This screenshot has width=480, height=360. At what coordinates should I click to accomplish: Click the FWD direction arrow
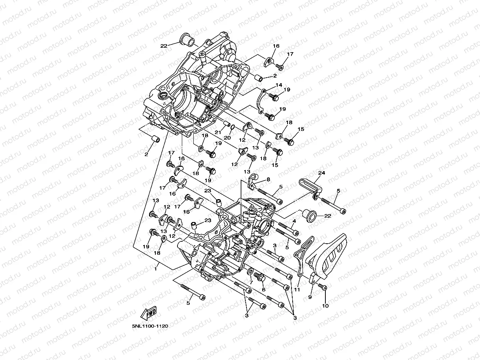coord(148,314)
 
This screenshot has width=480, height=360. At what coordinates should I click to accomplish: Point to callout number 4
coord(294,222)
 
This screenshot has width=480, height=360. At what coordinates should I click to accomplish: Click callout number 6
coord(263,289)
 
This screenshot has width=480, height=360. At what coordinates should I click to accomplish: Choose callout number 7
coord(251,283)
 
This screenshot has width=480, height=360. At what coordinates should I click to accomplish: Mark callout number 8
coord(268,179)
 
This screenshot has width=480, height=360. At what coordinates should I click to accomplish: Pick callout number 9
coord(310,297)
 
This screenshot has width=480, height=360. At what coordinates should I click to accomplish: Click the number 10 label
coord(325,305)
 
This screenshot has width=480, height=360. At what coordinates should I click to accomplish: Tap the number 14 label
coord(278,85)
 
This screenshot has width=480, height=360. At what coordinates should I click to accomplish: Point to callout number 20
coord(227,138)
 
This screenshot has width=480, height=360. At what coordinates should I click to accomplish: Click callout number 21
coord(217,132)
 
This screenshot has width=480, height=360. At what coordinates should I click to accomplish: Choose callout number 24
coord(321,173)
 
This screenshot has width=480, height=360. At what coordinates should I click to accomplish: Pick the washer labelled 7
coord(250,272)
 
